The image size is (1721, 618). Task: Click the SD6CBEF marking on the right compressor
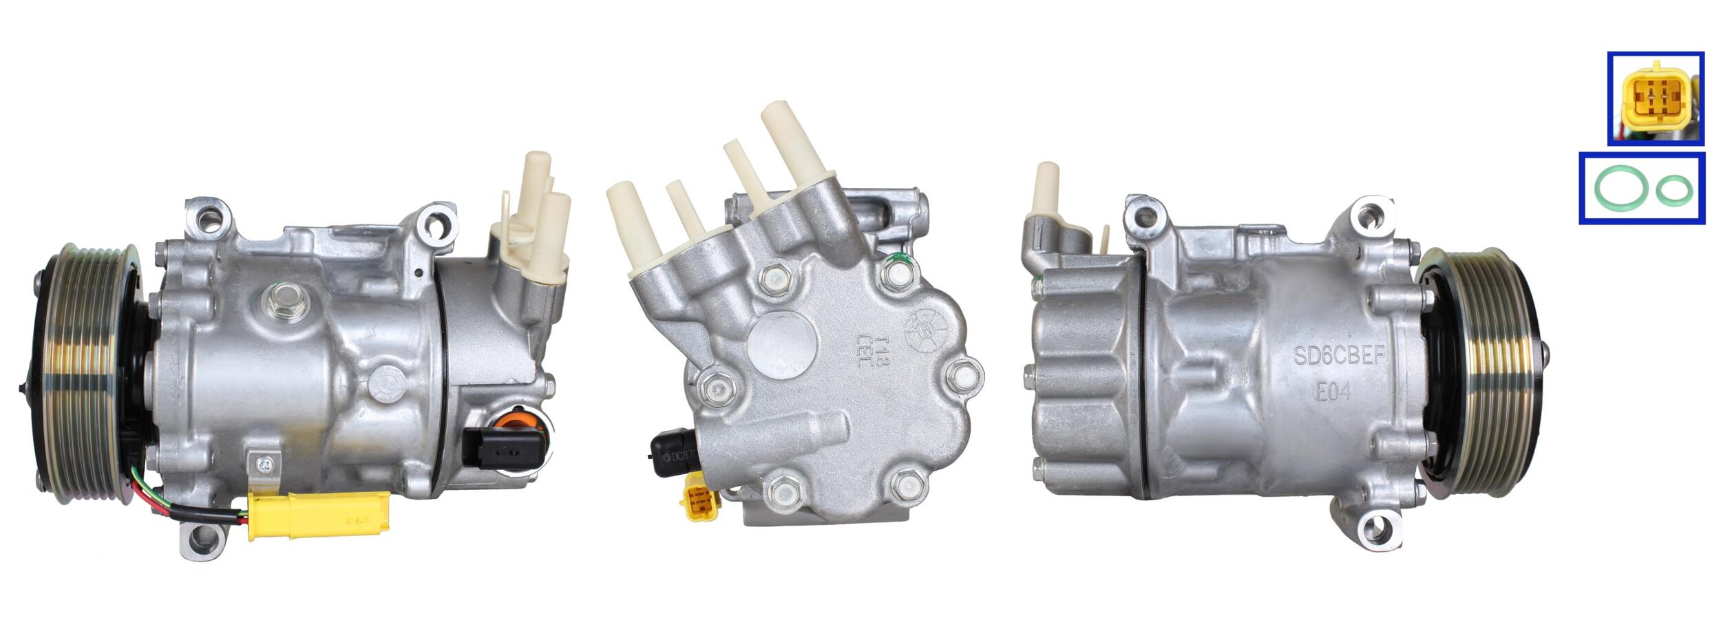[1338, 355]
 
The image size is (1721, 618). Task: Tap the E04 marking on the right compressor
[1333, 392]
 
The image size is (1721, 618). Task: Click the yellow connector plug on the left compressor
[318, 515]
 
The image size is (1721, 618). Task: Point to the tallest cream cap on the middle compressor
[793, 138]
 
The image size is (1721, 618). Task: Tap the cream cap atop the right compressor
[1046, 189]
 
